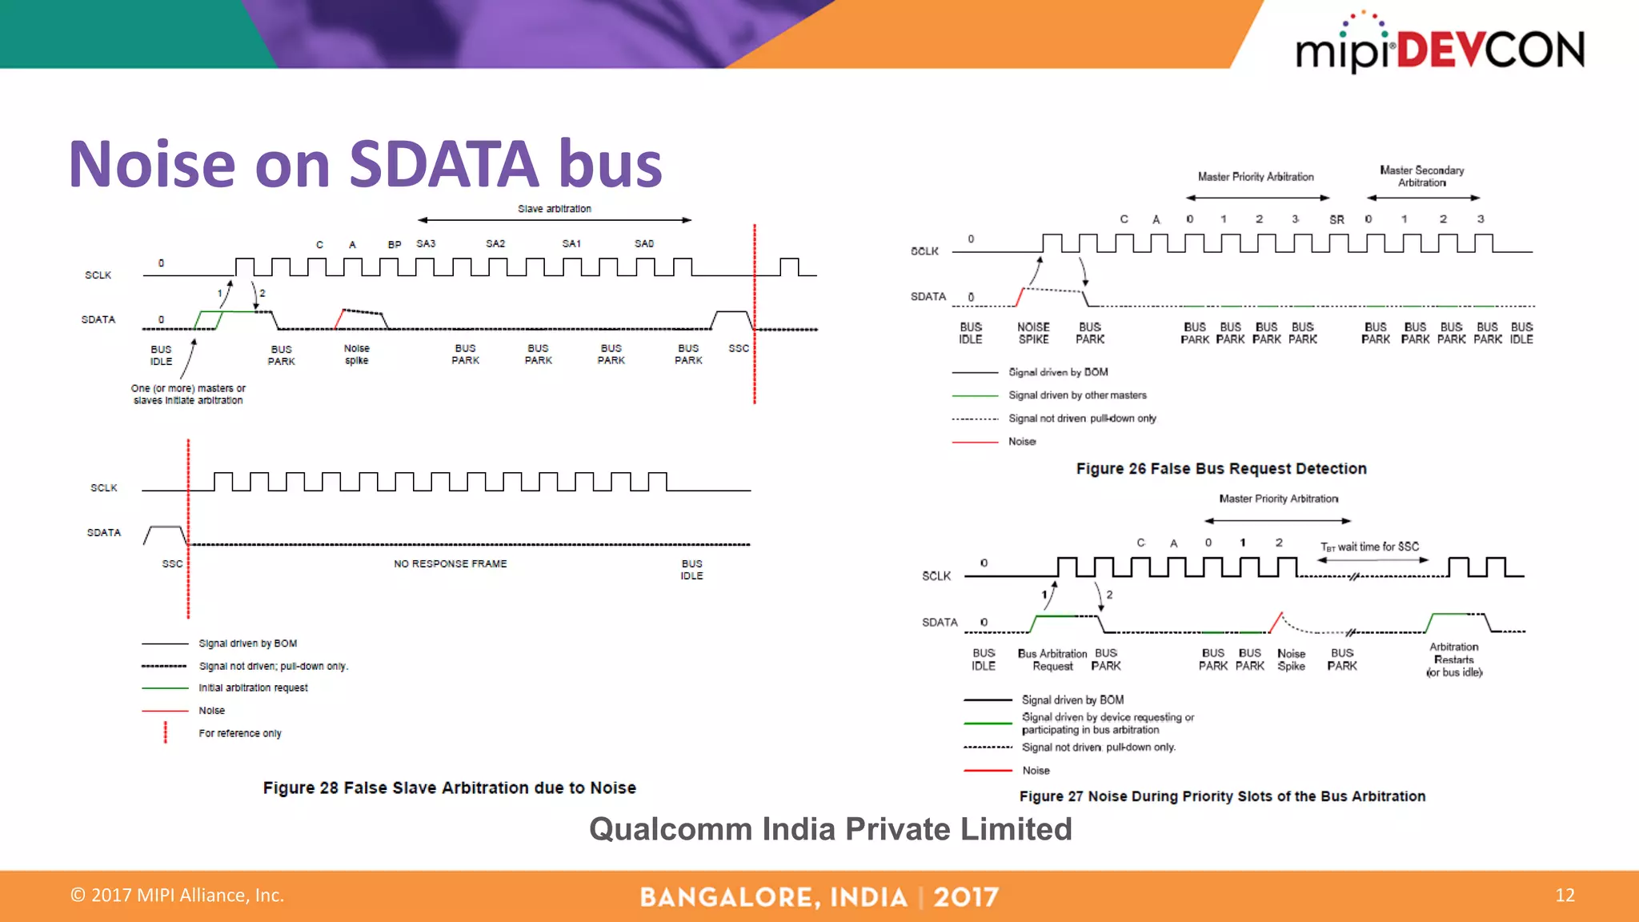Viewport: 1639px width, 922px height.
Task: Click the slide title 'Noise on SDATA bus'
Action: pyautogui.click(x=366, y=164)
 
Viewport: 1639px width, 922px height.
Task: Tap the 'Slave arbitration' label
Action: pyautogui.click(x=554, y=209)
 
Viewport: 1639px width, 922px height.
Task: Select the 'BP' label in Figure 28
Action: pyautogui.click(x=395, y=244)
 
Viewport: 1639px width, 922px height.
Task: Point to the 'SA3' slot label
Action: pyautogui.click(x=426, y=243)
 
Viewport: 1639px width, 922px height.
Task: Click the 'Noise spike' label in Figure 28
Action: pyautogui.click(x=357, y=355)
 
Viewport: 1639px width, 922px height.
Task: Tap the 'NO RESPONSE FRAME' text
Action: pyautogui.click(x=450, y=563)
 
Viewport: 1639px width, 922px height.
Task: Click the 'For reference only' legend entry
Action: pyautogui.click(x=240, y=733)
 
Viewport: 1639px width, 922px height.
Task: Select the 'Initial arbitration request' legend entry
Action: pyautogui.click(x=253, y=687)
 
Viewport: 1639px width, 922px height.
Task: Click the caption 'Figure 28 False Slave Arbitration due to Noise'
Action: pyautogui.click(x=449, y=788)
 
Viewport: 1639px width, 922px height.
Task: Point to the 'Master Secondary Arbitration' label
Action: pyautogui.click(x=1422, y=176)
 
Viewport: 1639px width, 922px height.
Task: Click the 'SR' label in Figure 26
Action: pyautogui.click(x=1336, y=219)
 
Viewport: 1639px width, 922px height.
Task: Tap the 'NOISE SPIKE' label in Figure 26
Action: pyautogui.click(x=1033, y=333)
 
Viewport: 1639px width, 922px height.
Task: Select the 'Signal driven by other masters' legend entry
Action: pyautogui.click(x=1077, y=395)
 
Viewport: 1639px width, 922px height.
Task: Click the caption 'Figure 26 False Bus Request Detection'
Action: pyautogui.click(x=1221, y=468)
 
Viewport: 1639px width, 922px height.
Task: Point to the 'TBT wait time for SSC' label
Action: pyautogui.click(x=1369, y=547)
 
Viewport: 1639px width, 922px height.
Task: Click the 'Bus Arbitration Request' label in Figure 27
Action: pyautogui.click(x=1052, y=659)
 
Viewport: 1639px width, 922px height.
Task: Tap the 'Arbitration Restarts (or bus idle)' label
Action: pyautogui.click(x=1454, y=659)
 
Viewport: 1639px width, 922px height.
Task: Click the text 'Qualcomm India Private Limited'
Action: pyautogui.click(x=830, y=829)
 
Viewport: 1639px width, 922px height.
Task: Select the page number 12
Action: pyautogui.click(x=1565, y=895)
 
